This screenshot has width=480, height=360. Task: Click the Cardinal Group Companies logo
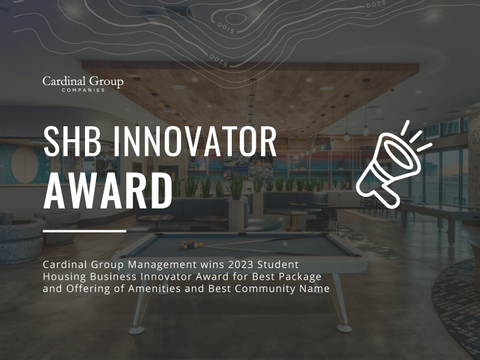82,84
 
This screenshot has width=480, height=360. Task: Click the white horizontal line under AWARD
84,231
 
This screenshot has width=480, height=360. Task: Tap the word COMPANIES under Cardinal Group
82,90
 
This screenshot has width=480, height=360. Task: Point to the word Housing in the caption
64,276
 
